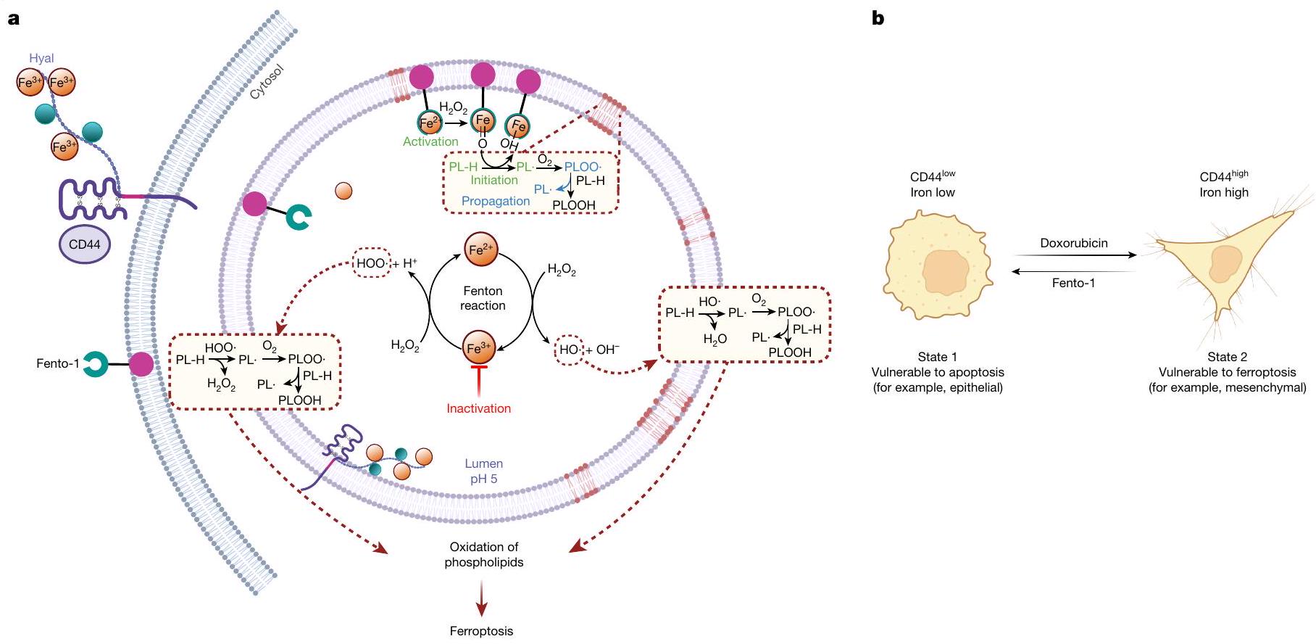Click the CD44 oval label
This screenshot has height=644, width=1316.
tap(84, 244)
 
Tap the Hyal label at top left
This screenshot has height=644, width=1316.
tap(41, 58)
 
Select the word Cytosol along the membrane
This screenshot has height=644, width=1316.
tap(267, 82)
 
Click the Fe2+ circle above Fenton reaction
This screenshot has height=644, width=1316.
tap(481, 250)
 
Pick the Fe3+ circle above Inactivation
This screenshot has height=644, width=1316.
tap(479, 349)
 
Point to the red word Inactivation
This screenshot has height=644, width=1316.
tap(478, 408)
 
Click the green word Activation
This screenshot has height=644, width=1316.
tap(430, 141)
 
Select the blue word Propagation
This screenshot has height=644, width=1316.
tap(496, 201)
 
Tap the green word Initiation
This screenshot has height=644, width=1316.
tap(494, 180)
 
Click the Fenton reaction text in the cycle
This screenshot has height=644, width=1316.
tap(483, 298)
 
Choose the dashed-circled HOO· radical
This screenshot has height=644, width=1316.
tap(371, 263)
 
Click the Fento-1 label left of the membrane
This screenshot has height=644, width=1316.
tap(57, 363)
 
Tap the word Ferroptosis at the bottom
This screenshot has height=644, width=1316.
tap(481, 631)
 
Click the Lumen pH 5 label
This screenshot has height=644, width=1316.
tap(483, 471)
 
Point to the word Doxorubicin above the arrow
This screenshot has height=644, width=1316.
tap(1074, 243)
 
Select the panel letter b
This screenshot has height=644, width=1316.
tap(878, 18)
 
